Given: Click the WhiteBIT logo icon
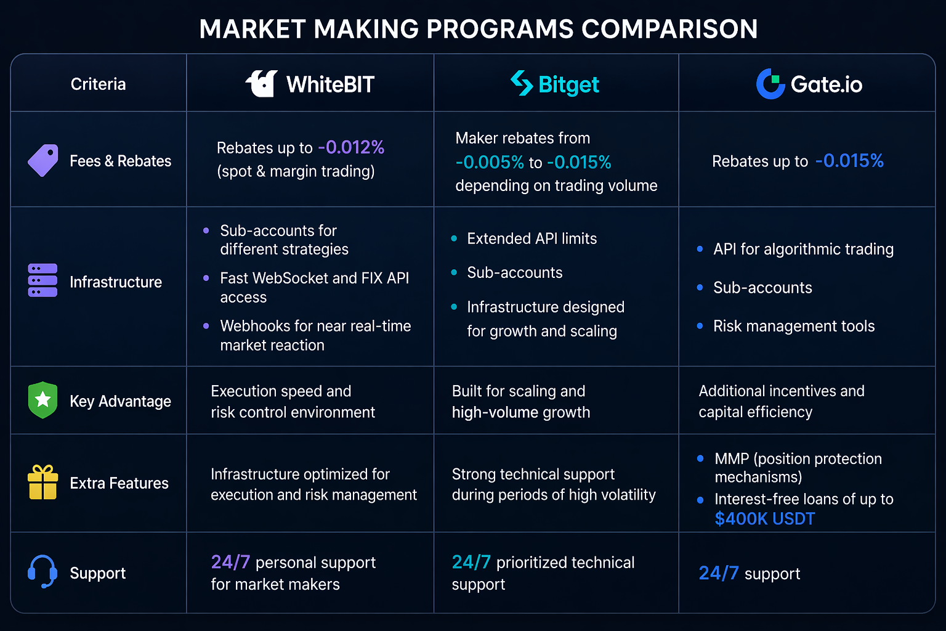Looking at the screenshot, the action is point(261,84).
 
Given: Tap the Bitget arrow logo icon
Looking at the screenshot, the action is point(522,83).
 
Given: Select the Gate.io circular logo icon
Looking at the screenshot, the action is point(770,84).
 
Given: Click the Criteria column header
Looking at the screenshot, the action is point(98,84).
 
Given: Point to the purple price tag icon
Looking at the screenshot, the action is point(43,160).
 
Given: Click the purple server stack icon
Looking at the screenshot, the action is point(42,280).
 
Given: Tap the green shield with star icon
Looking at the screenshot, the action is point(42,400).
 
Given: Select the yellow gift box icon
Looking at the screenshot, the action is point(42,482).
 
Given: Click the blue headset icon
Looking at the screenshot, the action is point(42,571).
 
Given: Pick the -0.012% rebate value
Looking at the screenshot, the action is point(351,147).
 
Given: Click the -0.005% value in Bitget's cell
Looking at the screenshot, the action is point(490,162).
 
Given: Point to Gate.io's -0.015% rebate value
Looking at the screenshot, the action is point(849,161).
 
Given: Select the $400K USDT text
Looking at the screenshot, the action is point(765,519).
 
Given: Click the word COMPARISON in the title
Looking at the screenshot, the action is point(669,29).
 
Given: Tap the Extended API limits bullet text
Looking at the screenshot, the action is point(532,238).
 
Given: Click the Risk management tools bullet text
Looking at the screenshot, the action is point(794,326).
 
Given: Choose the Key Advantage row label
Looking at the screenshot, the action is point(120,401).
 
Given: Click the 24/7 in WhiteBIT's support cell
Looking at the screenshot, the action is point(230,562).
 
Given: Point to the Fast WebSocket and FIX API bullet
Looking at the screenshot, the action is point(315,287).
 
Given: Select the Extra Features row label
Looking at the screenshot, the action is point(119,482).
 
